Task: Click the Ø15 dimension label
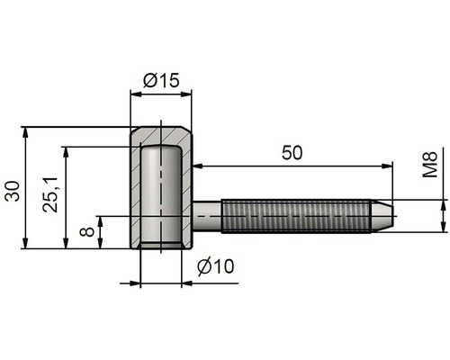(x=161, y=80)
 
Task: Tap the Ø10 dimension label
(x=216, y=266)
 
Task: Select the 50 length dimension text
(x=292, y=152)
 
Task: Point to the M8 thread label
(x=430, y=165)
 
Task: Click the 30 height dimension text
(x=13, y=191)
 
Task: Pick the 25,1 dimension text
(x=50, y=194)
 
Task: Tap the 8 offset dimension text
(x=87, y=231)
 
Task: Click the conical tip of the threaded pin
(x=382, y=216)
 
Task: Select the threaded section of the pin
(x=296, y=216)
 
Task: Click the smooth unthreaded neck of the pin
(x=207, y=216)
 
